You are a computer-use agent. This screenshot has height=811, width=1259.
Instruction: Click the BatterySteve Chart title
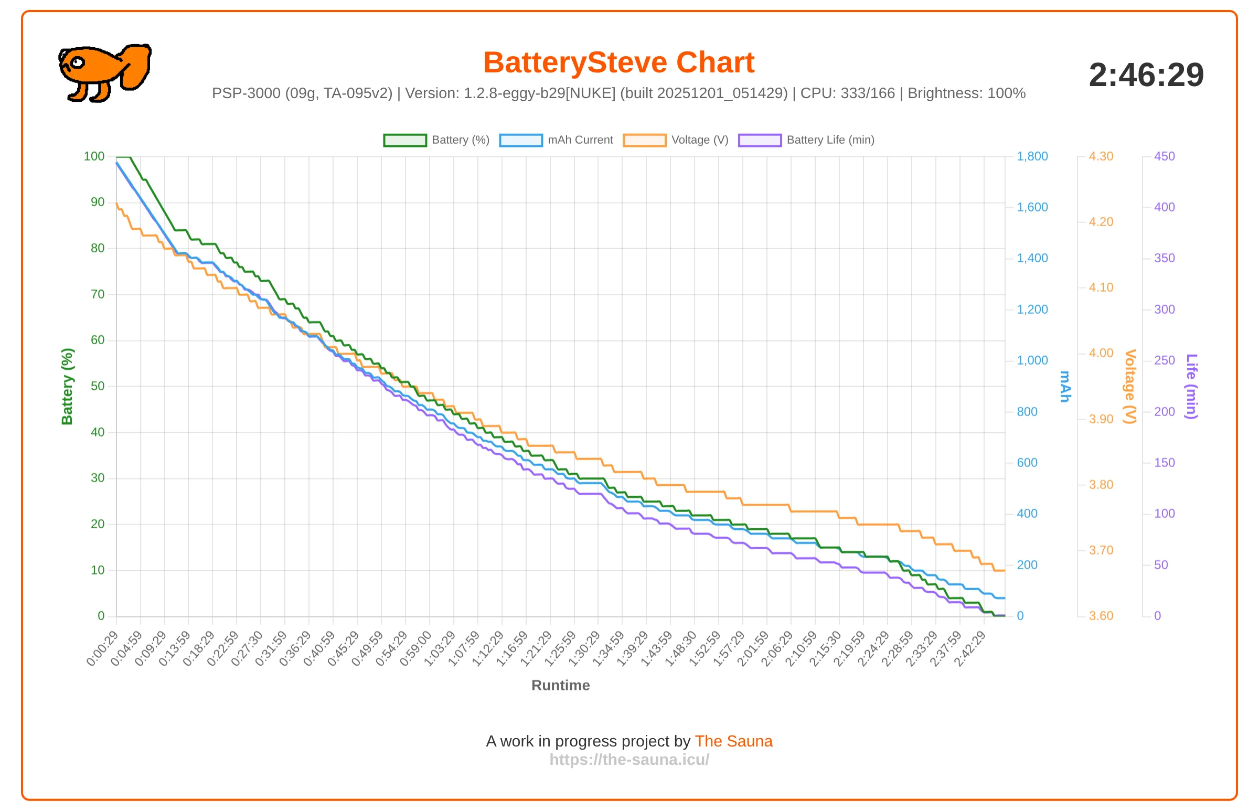click(618, 62)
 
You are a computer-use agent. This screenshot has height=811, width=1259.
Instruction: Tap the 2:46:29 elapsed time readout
click(1146, 75)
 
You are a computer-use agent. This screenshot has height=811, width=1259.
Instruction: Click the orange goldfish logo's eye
click(78, 62)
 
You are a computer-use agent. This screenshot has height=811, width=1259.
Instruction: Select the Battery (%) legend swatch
click(405, 140)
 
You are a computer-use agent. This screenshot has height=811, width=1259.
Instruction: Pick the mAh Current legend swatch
click(521, 140)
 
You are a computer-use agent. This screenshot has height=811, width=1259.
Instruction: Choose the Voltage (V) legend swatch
click(645, 140)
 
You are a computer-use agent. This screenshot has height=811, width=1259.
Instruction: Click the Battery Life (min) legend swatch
click(760, 140)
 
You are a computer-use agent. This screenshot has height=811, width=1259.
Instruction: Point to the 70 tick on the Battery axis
click(98, 294)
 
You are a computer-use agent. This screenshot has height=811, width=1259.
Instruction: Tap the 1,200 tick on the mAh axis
click(1032, 310)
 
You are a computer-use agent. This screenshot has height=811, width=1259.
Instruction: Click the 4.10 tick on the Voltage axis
click(1101, 287)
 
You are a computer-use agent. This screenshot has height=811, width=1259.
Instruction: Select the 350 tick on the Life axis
click(1164, 258)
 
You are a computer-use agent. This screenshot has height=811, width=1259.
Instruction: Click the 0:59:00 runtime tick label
click(416, 648)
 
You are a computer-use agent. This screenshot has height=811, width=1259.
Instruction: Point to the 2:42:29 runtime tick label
click(970, 648)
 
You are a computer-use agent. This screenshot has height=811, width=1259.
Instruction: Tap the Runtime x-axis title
click(560, 685)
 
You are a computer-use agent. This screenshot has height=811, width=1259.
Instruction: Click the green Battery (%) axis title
click(67, 387)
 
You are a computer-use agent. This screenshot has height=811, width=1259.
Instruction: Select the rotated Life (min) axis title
click(1191, 387)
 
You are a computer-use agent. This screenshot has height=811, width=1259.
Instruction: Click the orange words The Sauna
click(733, 741)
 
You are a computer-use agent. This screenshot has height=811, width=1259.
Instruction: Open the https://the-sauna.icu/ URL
click(629, 760)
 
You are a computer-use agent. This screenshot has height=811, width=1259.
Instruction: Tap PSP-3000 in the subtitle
click(246, 93)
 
